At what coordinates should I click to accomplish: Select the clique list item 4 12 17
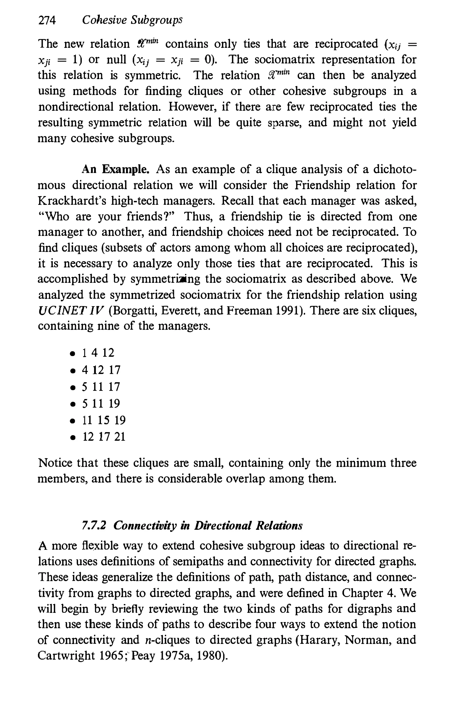tap(101, 370)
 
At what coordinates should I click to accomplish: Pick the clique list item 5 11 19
tap(101, 403)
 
